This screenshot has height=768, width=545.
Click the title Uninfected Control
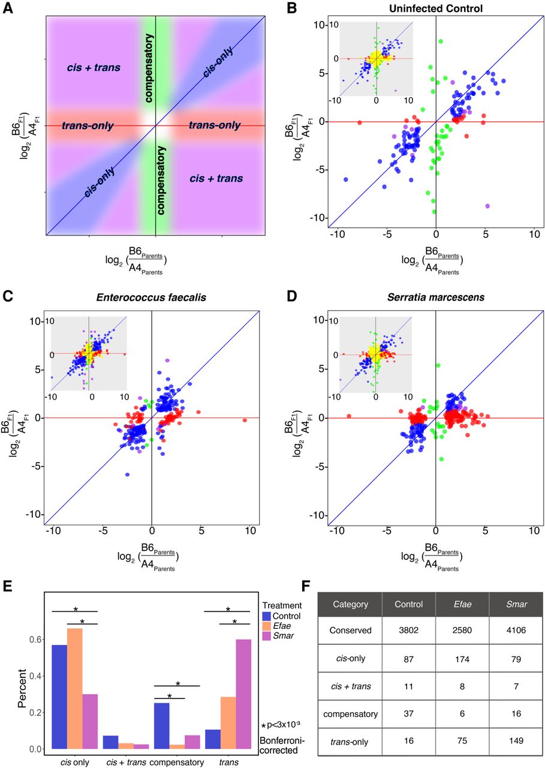point(436,7)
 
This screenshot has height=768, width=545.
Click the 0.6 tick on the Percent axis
point(36,640)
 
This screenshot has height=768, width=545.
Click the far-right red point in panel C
point(245,421)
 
